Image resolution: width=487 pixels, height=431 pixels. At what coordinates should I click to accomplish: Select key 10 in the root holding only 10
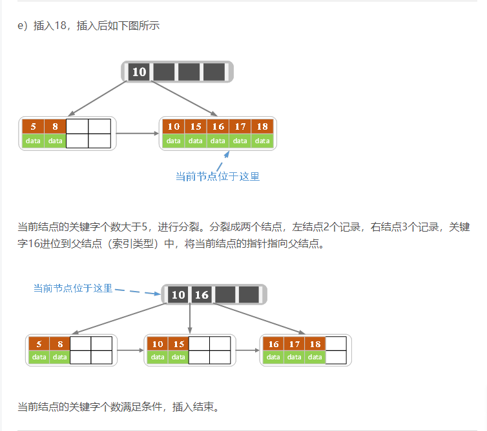coord(140,72)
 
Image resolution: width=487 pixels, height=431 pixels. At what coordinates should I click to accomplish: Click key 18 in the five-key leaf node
coord(262,126)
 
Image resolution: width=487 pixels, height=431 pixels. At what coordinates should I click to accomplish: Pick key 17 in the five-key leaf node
coord(240,126)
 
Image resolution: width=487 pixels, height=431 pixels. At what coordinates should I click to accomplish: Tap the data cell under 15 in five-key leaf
coord(196,141)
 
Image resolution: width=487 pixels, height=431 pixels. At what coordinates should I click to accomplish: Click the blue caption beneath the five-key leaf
coord(217,176)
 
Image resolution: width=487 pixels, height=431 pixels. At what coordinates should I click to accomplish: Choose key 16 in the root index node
coord(202,295)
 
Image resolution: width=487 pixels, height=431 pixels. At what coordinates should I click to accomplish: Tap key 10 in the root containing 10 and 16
coord(178,295)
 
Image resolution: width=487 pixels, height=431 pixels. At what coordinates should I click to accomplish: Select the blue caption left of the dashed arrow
coord(73,288)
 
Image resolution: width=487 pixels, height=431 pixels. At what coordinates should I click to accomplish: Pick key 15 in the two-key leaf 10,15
coord(178,344)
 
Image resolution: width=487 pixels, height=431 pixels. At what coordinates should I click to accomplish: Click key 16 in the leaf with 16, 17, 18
coord(273,344)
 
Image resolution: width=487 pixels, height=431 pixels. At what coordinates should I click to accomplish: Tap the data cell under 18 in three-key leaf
coord(315,357)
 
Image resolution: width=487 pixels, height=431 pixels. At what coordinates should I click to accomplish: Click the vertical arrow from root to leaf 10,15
coord(190,317)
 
